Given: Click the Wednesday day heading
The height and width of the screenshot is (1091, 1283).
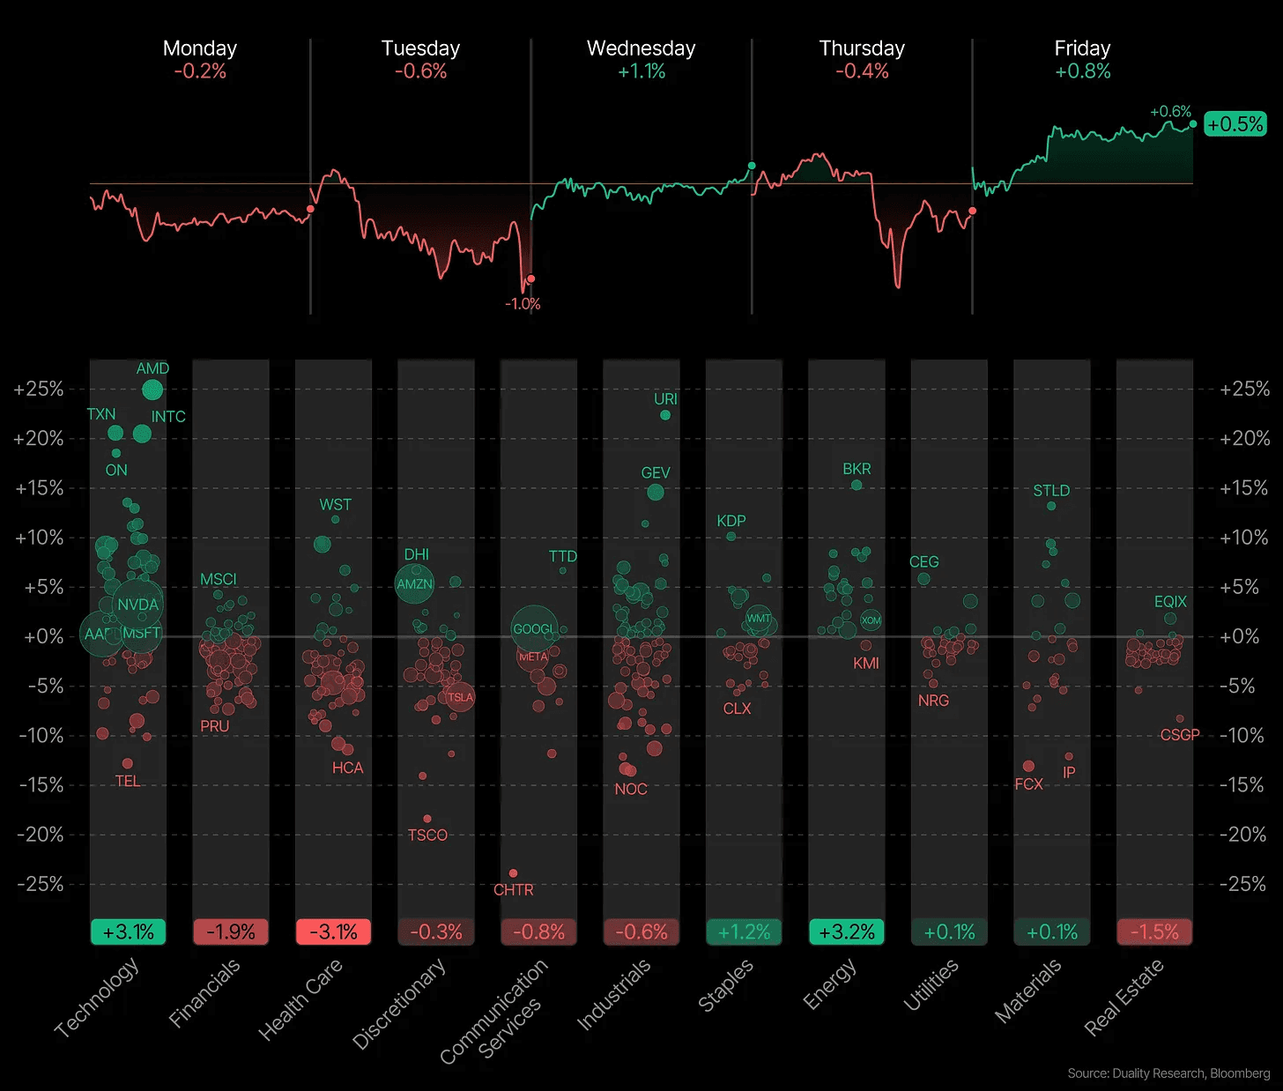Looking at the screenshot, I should point(641,48).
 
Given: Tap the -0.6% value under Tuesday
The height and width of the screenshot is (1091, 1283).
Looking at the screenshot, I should point(420,71).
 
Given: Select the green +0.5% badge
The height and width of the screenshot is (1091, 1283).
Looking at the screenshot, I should point(1235,124).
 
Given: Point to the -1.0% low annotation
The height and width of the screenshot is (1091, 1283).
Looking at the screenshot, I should point(523,304).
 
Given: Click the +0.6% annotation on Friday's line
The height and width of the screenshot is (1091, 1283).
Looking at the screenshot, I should point(1170,112).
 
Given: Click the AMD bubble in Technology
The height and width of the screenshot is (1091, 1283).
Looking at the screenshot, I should point(152,389).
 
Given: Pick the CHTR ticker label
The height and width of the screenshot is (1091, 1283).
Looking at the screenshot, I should point(514,890).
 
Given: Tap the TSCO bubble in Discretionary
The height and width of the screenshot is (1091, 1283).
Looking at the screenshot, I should point(427,819).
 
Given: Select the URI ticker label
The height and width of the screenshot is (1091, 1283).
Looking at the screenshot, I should point(665,399).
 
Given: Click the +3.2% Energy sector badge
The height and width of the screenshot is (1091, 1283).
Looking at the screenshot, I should point(847,931).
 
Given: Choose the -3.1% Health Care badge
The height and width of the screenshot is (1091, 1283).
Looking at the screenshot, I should point(333,931).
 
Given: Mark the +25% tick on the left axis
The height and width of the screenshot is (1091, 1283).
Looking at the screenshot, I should point(39,389).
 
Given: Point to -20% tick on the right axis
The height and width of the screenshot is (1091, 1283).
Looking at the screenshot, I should point(1244,834).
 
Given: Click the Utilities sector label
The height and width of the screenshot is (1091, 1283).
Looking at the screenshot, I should point(931,985).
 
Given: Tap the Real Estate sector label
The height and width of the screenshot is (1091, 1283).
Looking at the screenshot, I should point(1124,996).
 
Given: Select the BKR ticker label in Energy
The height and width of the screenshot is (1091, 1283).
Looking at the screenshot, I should point(857,469).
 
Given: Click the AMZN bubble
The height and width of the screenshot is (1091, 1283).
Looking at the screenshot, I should point(414,583).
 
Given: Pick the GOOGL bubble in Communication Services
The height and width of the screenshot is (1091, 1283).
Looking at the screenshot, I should point(533,628).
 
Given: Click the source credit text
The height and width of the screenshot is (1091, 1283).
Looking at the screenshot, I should point(1168,1073).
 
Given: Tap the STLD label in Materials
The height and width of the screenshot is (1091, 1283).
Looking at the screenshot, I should point(1051,491).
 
